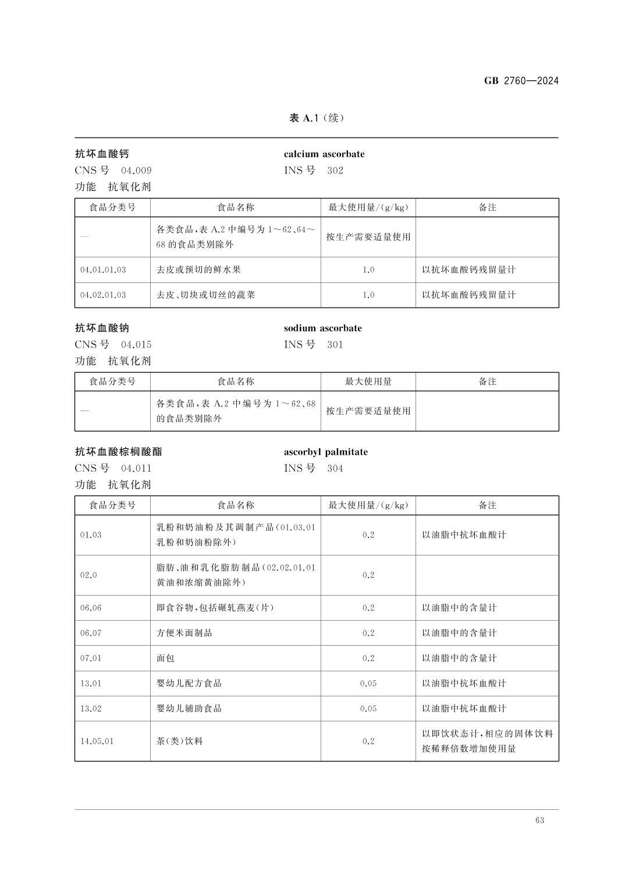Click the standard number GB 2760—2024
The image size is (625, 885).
[x=521, y=81]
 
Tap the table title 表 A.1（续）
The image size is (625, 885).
[x=317, y=118]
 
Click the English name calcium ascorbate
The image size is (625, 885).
[x=324, y=154]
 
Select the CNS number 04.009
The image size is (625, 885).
[x=136, y=171]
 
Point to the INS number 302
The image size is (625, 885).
[x=335, y=171]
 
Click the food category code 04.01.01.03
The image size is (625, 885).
[x=103, y=270]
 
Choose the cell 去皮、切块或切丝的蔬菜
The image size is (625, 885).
[x=205, y=295]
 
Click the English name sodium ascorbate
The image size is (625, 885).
[x=322, y=328]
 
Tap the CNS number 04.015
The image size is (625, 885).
[x=136, y=345]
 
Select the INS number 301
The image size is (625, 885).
[x=335, y=345]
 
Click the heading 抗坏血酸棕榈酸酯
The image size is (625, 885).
[x=119, y=452]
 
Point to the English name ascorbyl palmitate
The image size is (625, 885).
[x=325, y=452]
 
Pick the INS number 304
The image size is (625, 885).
[x=335, y=469]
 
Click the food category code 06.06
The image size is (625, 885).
[x=91, y=608]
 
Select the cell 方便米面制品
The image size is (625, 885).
[x=184, y=633]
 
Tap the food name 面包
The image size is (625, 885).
[x=165, y=659]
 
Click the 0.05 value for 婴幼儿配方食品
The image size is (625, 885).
[x=368, y=684]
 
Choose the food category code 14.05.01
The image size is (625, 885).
[x=97, y=742]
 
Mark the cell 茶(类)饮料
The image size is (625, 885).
[x=179, y=742]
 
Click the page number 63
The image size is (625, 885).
[x=539, y=820]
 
